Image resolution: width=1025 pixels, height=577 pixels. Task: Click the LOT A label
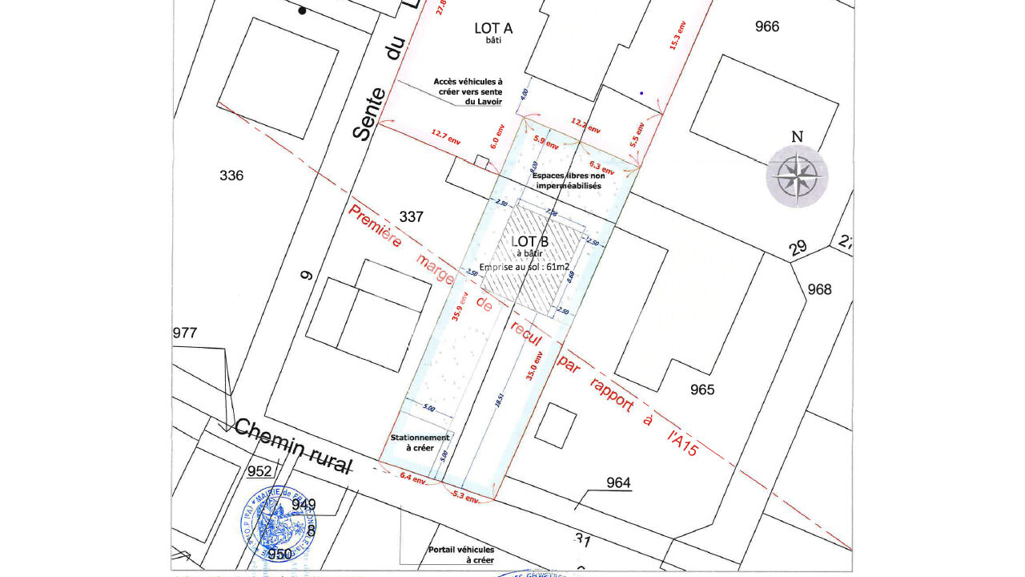coord(493,29)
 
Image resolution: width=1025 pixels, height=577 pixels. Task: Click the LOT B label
coord(530,241)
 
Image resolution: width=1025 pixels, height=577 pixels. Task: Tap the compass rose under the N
coord(797,176)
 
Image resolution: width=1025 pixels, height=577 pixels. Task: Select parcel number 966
coord(766,26)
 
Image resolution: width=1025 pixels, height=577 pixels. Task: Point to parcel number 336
coord(231,176)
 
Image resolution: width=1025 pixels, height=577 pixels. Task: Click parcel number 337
coord(411,216)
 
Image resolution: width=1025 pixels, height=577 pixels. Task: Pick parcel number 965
coord(702,390)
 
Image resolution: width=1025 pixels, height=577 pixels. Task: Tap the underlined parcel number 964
coord(618,482)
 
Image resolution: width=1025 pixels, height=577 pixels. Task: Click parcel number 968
coord(819,289)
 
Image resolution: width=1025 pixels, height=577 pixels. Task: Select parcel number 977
coord(184,333)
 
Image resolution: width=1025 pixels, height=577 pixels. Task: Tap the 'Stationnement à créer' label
coord(420,442)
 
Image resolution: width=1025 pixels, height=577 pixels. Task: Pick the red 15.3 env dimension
coord(677,34)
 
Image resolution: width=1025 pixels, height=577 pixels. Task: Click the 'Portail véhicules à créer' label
coord(460,555)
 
